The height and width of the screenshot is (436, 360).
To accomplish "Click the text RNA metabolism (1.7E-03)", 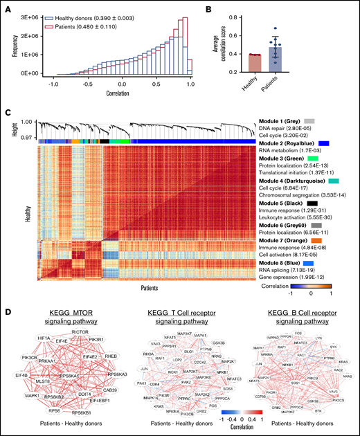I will (285, 150).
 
